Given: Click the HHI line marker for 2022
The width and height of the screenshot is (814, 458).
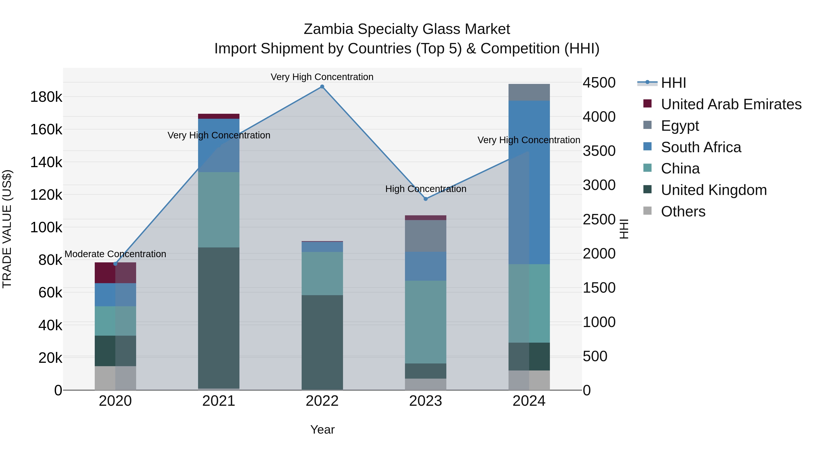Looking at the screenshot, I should click(x=322, y=87).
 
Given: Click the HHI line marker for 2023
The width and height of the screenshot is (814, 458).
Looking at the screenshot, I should click(x=426, y=199).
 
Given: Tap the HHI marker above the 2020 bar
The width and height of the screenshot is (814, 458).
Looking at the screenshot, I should click(x=115, y=264).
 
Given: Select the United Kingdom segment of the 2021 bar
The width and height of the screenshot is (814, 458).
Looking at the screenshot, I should click(x=219, y=318).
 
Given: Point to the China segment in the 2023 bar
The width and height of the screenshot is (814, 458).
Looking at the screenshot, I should click(x=426, y=322).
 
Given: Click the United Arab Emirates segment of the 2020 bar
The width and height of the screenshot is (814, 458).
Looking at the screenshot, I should click(x=115, y=273).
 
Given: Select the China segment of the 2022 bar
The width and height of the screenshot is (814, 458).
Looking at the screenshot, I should click(x=322, y=273).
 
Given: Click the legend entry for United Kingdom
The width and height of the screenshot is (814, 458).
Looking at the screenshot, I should click(x=714, y=190).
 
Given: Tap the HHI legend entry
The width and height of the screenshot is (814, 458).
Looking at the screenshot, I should click(x=673, y=83).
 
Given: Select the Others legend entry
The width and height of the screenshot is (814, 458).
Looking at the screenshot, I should click(x=683, y=211).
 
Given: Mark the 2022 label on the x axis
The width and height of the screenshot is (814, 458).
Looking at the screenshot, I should click(x=322, y=401).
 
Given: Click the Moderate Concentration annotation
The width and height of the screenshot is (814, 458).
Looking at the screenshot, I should click(x=115, y=254).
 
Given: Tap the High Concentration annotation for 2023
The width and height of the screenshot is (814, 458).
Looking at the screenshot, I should click(x=426, y=189).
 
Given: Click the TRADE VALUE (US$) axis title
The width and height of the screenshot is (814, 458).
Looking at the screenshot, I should click(x=7, y=229).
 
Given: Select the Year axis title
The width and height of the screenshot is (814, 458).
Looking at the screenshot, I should click(x=322, y=430).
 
